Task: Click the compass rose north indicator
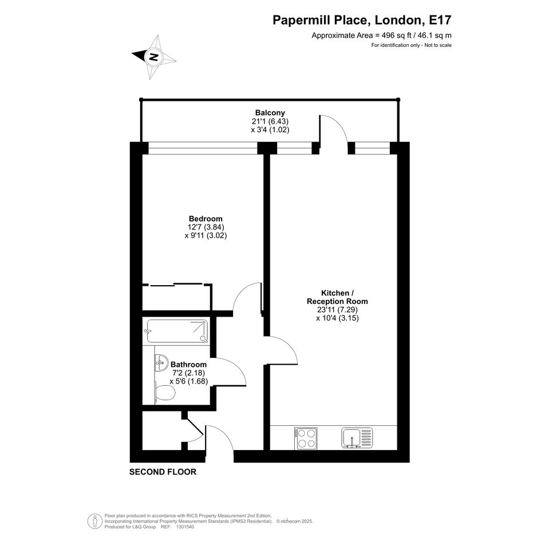pyautogui.click(x=154, y=57)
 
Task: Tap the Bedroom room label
pyautogui.click(x=206, y=219)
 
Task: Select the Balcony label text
pyautogui.click(x=270, y=112)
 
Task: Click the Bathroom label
pyautogui.click(x=189, y=364)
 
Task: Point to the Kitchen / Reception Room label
pyautogui.click(x=337, y=297)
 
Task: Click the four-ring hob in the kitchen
pyautogui.click(x=306, y=439)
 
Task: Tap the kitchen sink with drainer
pyautogui.click(x=357, y=438)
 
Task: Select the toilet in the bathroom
pyautogui.click(x=164, y=393)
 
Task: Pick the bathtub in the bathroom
pyautogui.click(x=177, y=331)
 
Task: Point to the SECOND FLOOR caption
pyautogui.click(x=163, y=472)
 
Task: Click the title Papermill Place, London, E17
pyautogui.click(x=362, y=20)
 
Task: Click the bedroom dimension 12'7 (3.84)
pyautogui.click(x=206, y=227)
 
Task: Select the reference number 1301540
pyautogui.click(x=185, y=527)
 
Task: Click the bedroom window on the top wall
pyautogui.click(x=203, y=148)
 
